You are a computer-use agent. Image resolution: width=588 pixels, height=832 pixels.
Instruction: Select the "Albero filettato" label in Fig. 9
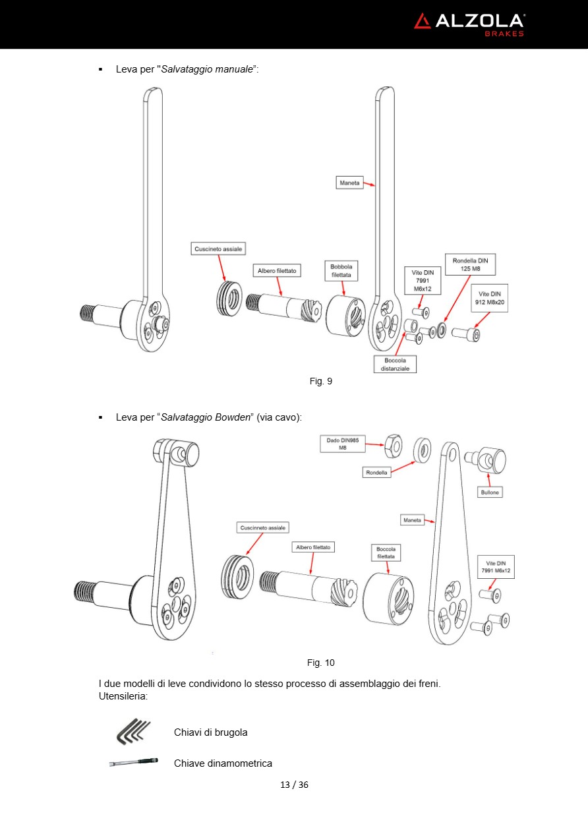277,270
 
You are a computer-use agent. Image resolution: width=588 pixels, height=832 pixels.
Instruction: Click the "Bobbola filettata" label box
341,270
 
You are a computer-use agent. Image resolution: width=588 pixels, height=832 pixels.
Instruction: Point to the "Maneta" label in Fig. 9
349,182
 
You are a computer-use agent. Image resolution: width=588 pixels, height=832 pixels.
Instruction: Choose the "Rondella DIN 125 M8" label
470,264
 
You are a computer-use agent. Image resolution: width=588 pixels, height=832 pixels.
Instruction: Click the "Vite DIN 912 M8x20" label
489,297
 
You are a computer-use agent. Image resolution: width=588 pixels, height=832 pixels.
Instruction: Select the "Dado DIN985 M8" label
342,443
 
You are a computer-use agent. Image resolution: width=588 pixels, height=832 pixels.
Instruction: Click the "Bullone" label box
490,492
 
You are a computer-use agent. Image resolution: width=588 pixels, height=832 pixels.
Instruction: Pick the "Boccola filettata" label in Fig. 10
386,552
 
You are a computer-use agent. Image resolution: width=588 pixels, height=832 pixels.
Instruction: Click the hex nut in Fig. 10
394,447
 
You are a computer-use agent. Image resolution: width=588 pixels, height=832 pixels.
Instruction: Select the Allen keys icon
133,731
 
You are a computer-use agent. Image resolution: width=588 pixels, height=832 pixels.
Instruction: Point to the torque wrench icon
133,762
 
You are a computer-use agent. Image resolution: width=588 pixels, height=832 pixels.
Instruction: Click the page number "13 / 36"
294,785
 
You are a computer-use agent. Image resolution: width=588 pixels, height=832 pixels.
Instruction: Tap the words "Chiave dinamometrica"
223,763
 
